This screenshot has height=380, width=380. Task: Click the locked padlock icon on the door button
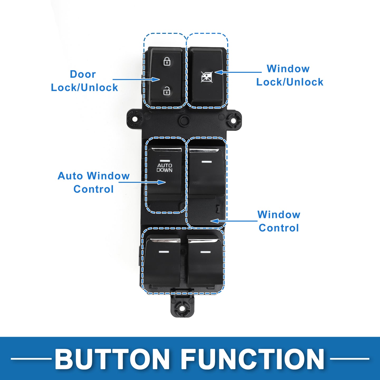(167, 61)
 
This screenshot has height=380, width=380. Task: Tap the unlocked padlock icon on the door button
(167, 91)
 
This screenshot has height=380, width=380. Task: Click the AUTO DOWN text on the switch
(164, 168)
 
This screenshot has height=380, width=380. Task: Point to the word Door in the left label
(83, 74)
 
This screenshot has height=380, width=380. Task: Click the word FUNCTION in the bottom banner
(252, 359)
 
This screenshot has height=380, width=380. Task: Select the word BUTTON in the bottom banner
(112, 359)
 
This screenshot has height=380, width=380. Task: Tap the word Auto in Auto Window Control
(70, 176)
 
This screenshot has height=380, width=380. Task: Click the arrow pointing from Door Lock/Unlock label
(136, 79)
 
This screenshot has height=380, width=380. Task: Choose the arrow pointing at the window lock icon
(238, 72)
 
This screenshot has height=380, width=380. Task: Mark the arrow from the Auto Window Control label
(142, 182)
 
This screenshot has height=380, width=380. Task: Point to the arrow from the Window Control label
(234, 221)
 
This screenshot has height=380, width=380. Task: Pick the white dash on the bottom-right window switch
(205, 252)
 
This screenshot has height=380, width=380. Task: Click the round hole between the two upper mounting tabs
(184, 120)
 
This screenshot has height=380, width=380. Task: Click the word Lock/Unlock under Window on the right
(290, 82)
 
